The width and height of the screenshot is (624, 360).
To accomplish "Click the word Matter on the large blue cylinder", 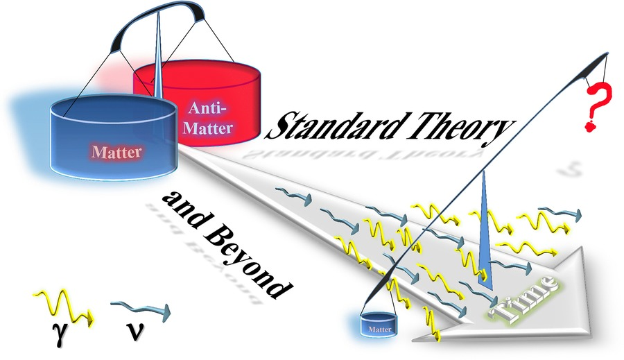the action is [x=116, y=152].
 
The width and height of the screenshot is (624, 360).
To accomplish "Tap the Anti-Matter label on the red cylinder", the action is [x=208, y=119].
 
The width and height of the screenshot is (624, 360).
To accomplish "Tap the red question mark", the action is [x=596, y=108].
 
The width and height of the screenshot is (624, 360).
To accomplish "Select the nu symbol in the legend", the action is [x=135, y=332].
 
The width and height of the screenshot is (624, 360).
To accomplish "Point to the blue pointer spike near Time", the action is [x=485, y=230].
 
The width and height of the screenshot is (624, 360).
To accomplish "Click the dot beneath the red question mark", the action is [x=590, y=127].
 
